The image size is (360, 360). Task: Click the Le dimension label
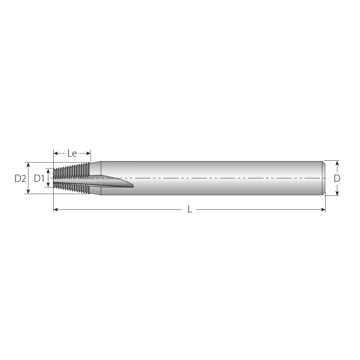(x=72, y=154)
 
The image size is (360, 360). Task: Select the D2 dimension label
(x=20, y=178)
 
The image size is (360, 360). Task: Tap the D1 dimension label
(x=39, y=178)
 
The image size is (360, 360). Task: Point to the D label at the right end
(x=337, y=178)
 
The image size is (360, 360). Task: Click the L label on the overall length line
(x=190, y=210)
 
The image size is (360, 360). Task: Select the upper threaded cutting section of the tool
(x=72, y=171)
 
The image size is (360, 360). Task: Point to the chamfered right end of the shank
(x=324, y=178)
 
